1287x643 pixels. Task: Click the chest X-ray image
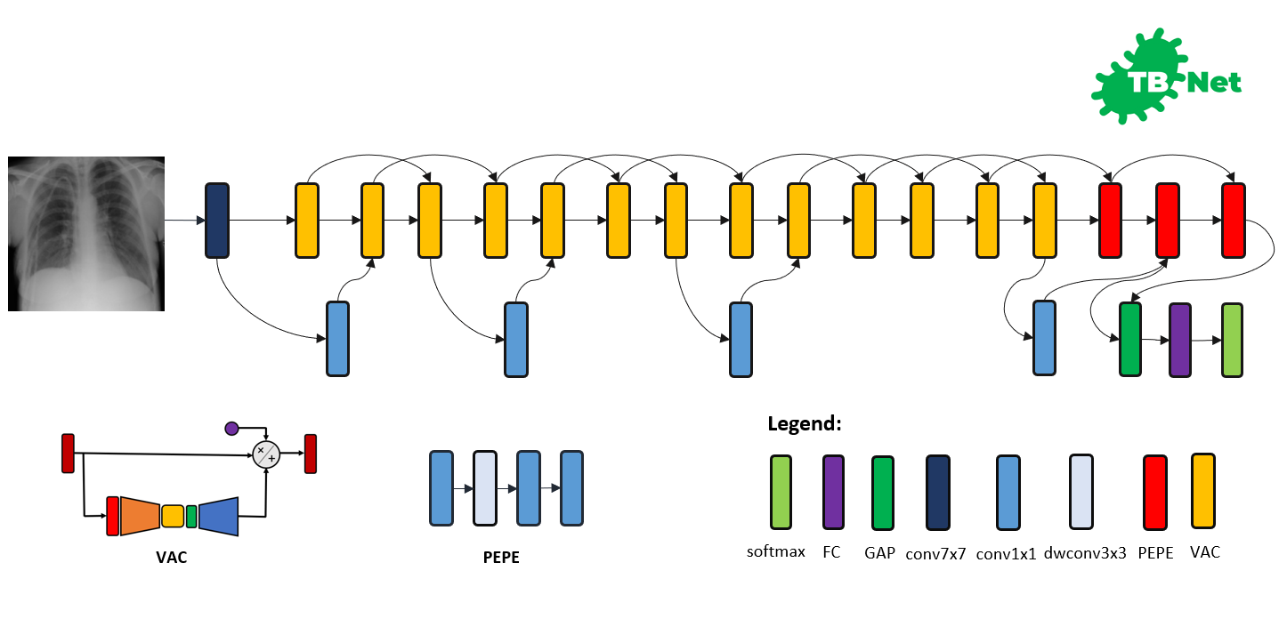pos(86,234)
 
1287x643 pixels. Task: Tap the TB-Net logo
pos(1166,76)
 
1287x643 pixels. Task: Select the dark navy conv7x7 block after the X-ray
pos(217,221)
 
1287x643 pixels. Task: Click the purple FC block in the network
pos(1180,340)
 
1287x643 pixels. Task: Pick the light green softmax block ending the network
pos(1232,340)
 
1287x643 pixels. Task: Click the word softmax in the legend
pos(775,551)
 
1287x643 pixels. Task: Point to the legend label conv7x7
pos(935,554)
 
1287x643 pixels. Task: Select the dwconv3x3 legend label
pos(1085,553)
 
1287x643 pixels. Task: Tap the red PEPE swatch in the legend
pos(1155,492)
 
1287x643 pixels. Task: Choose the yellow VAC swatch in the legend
pos(1203,491)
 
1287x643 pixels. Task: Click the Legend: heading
pos(805,423)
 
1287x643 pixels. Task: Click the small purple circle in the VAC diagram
pos(231,429)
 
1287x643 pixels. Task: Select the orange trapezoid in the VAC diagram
pos(141,516)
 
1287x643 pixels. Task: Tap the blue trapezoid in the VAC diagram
pos(218,516)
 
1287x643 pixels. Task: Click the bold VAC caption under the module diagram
pos(171,558)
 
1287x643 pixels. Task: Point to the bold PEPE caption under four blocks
pos(501,558)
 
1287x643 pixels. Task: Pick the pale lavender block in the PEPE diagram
pos(485,488)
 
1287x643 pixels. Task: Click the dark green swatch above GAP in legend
pos(883,493)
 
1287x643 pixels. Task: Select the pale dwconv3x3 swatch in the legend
pos(1081,492)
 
